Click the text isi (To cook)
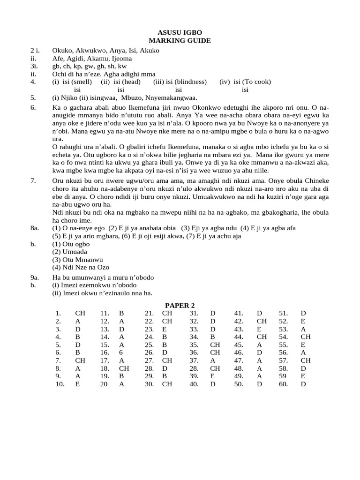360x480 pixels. (x=245, y=82)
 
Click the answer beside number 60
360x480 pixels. (x=303, y=384)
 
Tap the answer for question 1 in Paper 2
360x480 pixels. (x=80, y=313)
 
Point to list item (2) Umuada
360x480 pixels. (x=69, y=252)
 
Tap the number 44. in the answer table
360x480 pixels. (x=239, y=337)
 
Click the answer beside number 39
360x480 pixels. (x=213, y=376)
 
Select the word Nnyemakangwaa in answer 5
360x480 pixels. (x=172, y=97)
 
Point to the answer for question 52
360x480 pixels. (x=303, y=321)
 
